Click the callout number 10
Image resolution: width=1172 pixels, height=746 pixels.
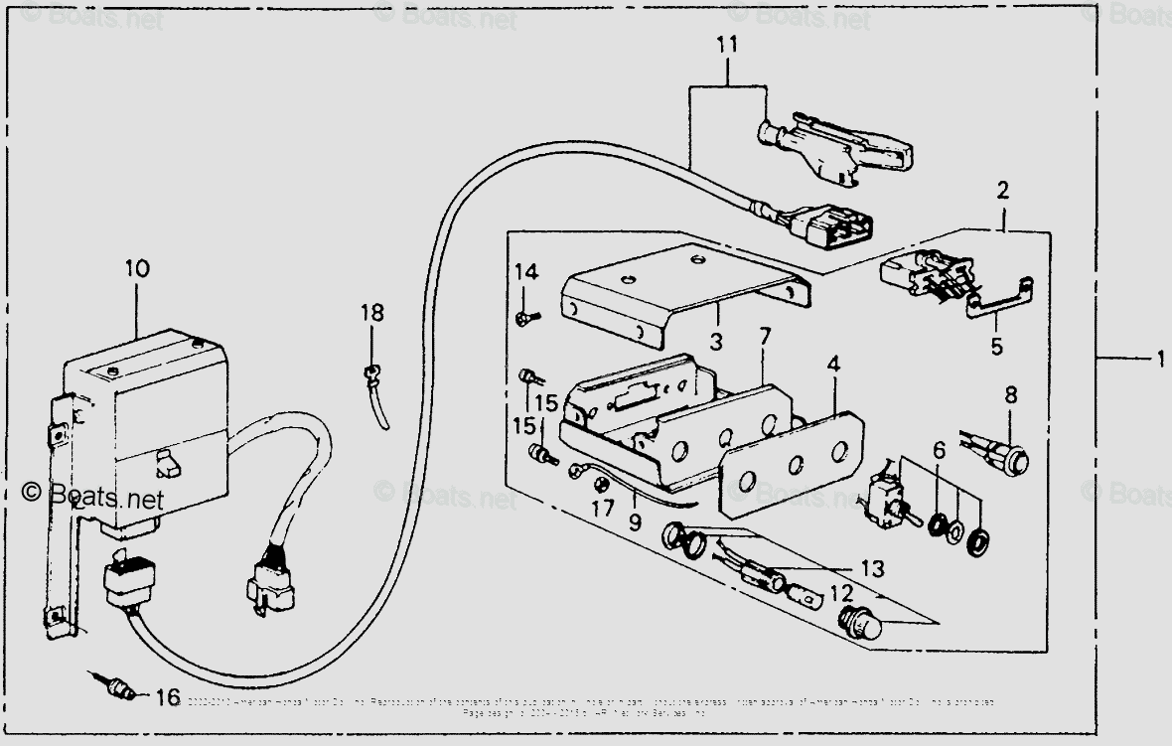point(137,268)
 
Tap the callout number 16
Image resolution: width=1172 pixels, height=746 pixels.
point(168,698)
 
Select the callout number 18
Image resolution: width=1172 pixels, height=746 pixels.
point(371,313)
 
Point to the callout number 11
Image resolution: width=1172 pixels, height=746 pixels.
point(727,45)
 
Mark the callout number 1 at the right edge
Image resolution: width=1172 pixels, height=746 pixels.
point(1157,360)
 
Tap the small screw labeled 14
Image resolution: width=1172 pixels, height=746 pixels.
point(524,318)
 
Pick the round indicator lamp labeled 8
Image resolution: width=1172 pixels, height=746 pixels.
point(1014,461)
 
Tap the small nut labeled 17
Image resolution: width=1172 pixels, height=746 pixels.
point(600,484)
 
